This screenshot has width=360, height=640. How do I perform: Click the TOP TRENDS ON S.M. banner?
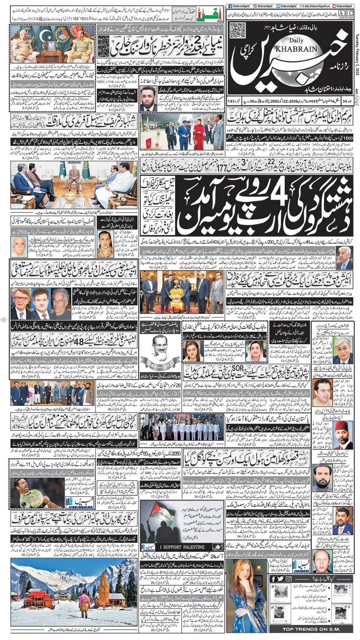(x=311, y=629)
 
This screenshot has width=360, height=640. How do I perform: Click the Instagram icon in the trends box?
(x=288, y=579)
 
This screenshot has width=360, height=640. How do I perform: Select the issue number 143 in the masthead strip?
(x=231, y=101)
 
